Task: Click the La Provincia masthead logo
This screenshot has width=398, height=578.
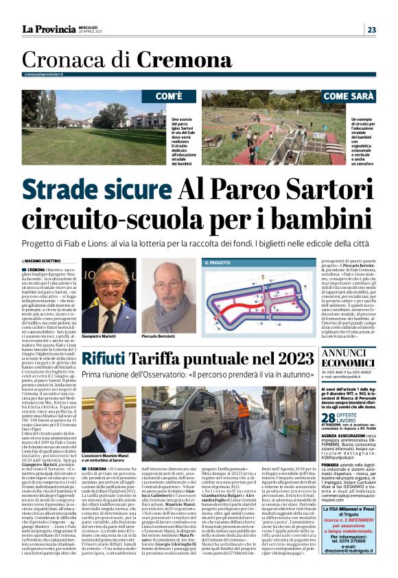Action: tap(49, 30)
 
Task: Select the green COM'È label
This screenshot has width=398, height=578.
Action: tap(168, 96)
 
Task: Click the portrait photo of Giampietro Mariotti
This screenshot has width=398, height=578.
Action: tap(110, 291)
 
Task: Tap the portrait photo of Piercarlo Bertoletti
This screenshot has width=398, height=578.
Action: tap(167, 291)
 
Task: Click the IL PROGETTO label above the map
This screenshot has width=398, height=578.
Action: tap(218, 262)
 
